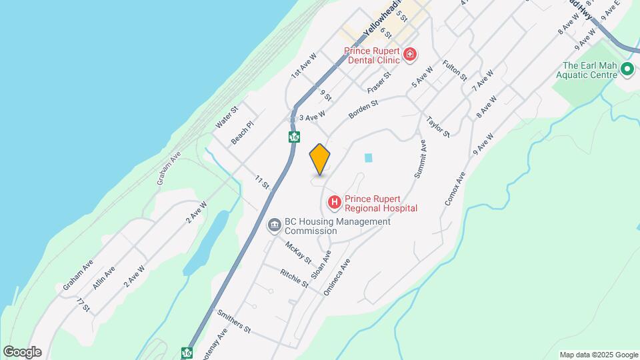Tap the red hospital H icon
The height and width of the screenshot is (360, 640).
click(334, 201)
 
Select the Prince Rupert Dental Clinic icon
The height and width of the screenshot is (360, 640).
click(410, 54)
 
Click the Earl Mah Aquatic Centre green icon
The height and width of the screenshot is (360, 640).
click(627, 69)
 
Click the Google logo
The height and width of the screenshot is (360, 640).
click(22, 352)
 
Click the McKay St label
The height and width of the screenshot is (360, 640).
click(298, 252)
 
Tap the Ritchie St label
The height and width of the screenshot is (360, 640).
click(294, 279)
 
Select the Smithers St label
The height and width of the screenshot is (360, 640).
click(233, 321)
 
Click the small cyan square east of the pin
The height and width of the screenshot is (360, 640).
click(368, 158)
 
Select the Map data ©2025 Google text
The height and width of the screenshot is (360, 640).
click(598, 355)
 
